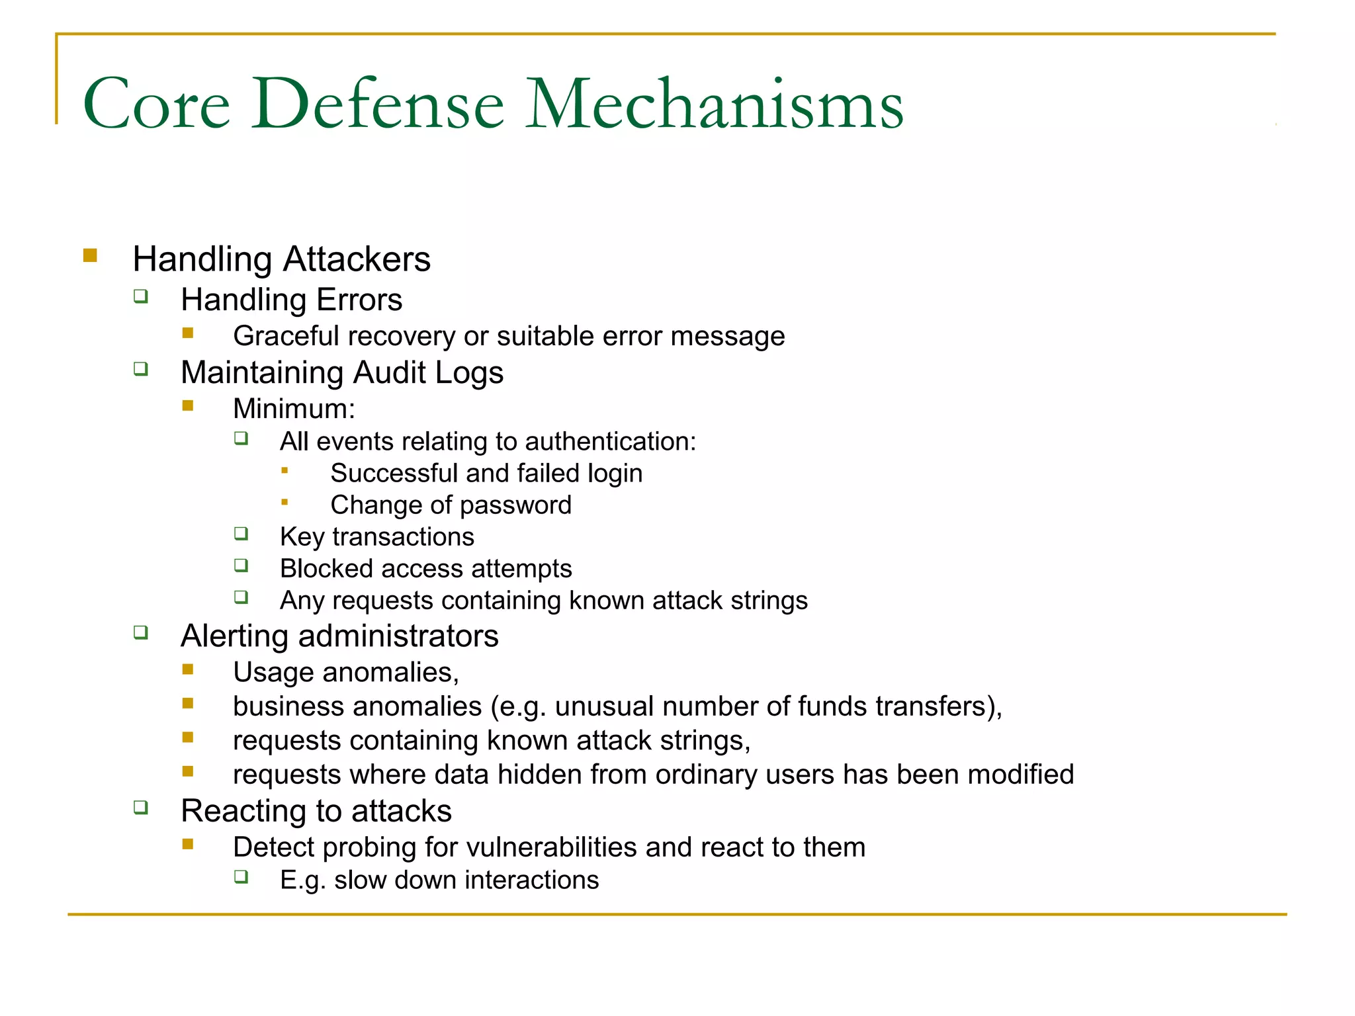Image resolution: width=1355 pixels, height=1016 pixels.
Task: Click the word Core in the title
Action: [156, 105]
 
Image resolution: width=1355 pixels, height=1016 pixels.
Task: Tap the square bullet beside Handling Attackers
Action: [91, 255]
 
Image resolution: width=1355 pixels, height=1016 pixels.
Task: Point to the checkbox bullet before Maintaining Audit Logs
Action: [141, 368]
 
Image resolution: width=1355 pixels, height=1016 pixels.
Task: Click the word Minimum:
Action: [294, 409]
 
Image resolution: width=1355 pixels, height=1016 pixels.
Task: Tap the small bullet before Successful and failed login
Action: [284, 470]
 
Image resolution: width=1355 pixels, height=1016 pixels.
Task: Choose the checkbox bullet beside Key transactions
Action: [241, 533]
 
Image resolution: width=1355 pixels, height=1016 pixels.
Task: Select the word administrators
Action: [398, 636]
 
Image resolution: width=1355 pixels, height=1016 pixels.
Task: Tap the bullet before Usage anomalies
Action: [188, 669]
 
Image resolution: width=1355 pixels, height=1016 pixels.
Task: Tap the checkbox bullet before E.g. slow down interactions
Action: [241, 877]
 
